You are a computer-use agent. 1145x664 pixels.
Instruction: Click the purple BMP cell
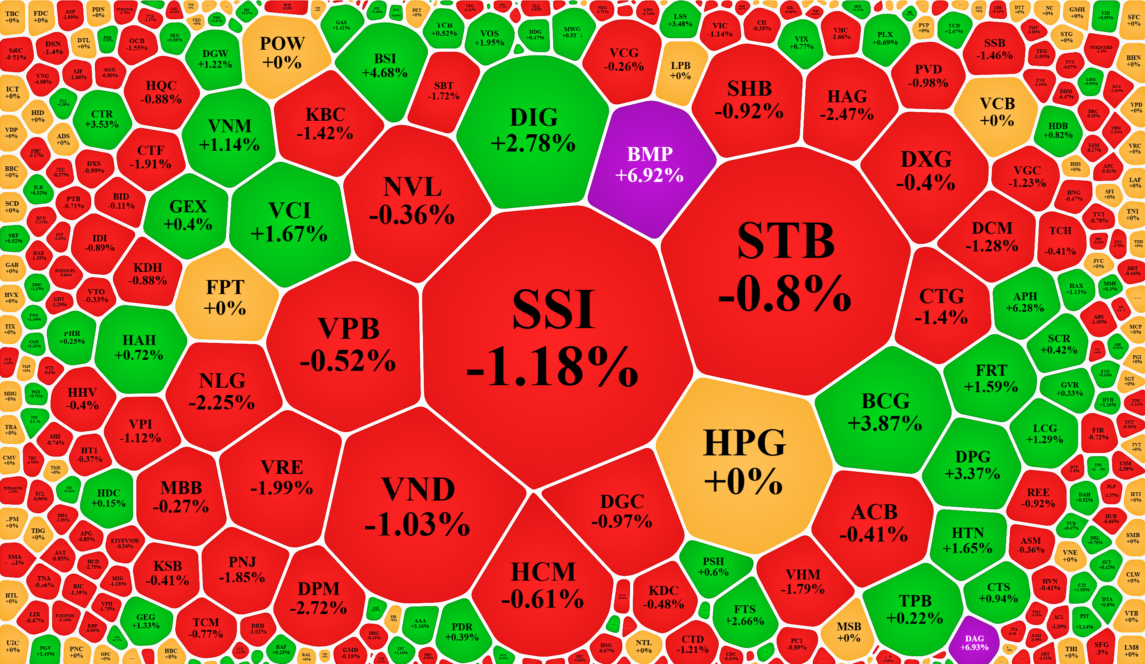(650, 166)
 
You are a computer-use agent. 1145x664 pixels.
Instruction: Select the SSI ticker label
(554, 310)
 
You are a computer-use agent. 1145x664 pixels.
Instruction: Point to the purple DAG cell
(974, 642)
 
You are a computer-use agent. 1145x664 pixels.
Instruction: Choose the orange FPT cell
(225, 297)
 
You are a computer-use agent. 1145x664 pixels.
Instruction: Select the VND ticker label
(418, 489)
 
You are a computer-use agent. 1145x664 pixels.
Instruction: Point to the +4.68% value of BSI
(385, 73)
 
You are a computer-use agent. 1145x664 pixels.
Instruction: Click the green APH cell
(1025, 302)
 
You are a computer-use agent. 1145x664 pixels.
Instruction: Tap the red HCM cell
(543, 586)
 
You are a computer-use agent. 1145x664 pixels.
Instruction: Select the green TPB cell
(915, 609)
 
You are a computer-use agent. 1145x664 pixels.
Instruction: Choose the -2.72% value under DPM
(319, 608)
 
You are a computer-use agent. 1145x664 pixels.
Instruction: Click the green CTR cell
(102, 119)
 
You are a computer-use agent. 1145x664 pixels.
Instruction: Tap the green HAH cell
(139, 347)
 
